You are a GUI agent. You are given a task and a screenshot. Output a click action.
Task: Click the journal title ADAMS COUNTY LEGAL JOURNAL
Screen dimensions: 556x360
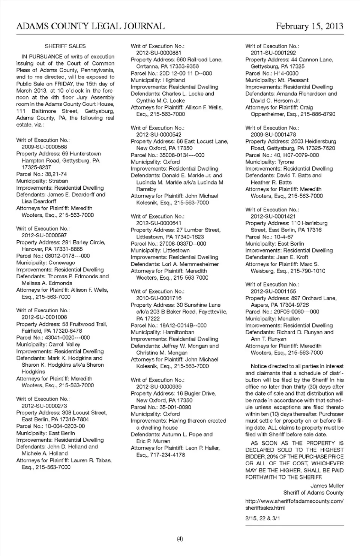click(x=90, y=26)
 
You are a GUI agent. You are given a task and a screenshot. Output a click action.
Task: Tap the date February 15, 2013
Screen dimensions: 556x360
click(x=309, y=26)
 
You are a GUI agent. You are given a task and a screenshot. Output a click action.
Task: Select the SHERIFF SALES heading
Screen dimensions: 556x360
click(x=65, y=46)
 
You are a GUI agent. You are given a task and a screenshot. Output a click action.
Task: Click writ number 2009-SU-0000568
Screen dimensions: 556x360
click(x=44, y=147)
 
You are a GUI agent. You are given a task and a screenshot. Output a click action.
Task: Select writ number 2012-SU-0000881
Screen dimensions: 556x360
click(x=159, y=53)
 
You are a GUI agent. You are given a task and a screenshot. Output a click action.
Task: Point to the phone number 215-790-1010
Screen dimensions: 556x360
click(x=308, y=271)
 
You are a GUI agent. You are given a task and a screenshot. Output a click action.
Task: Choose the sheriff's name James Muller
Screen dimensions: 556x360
click(x=327, y=486)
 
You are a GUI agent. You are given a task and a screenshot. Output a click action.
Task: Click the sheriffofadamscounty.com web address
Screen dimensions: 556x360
click(x=294, y=501)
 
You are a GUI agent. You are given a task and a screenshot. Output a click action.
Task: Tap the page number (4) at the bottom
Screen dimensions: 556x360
click(x=180, y=539)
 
